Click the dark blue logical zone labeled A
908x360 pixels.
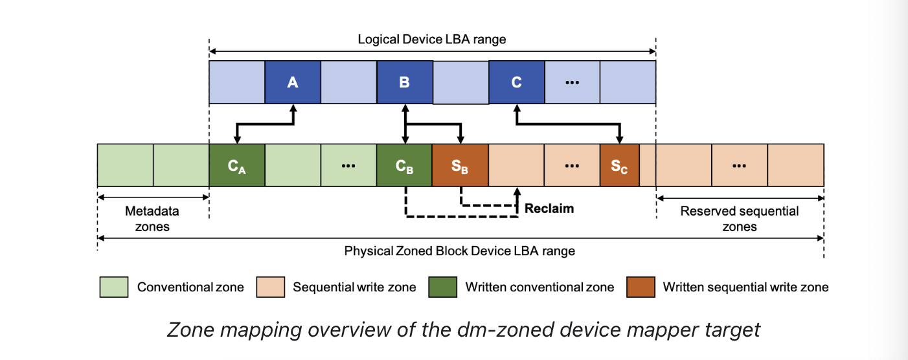pos(293,83)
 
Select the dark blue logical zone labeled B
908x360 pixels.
pos(404,83)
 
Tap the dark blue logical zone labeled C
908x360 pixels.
pos(516,83)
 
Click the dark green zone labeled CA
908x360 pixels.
pos(237,166)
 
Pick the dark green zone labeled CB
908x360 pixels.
pos(404,166)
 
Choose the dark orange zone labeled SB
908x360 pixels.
pos(460,166)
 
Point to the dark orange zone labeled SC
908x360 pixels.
pos(619,166)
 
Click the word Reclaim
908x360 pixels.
pos(549,208)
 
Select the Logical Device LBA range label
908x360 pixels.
pos(432,39)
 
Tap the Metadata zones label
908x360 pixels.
pos(152,219)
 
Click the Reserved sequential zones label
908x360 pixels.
pos(740,219)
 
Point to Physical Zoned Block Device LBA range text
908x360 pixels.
pos(459,251)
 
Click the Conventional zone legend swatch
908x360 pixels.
pos(114,287)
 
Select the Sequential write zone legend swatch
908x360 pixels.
pos(271,287)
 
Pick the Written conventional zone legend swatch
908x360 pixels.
pos(443,287)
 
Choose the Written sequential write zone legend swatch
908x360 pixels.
pos(641,287)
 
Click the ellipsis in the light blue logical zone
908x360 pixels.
pos(572,83)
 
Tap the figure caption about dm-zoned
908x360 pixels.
pos(463,330)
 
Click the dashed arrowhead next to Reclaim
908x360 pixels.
pos(517,192)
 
